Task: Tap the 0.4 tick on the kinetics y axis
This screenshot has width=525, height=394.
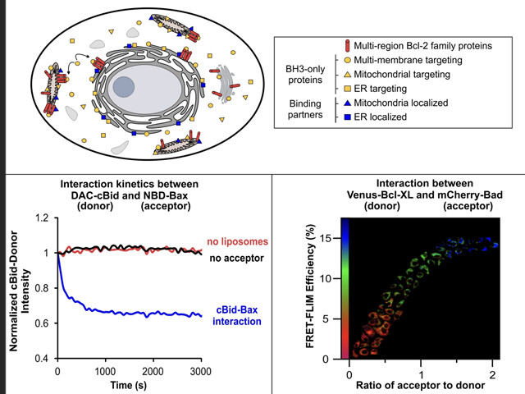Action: coord(42,360)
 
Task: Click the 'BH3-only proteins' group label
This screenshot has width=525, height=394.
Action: coord(303,75)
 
